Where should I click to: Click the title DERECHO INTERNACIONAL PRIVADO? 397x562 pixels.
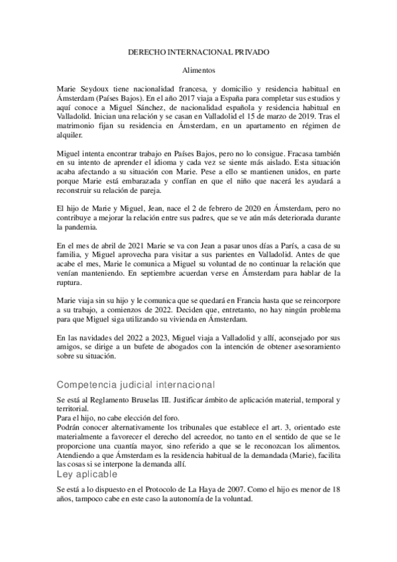198,51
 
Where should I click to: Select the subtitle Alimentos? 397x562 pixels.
198,69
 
